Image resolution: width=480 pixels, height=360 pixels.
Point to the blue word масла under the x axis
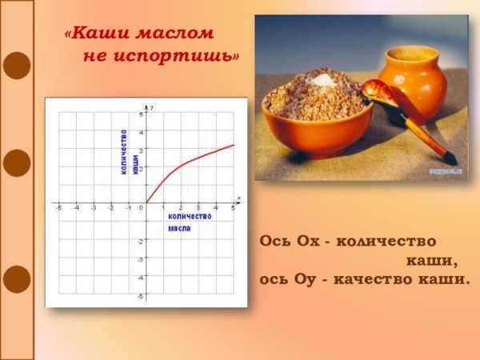(179, 229)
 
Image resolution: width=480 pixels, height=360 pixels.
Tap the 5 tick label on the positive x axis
(233, 208)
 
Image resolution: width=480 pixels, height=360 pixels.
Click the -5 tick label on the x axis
(58, 208)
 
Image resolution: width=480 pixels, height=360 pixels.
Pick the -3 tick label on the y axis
(140, 259)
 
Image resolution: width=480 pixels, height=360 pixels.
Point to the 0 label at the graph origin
(141, 208)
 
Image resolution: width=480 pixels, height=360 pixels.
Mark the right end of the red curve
(234, 145)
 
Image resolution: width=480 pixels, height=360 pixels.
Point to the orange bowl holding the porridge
(317, 132)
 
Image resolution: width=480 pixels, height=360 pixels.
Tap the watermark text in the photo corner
(448, 171)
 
